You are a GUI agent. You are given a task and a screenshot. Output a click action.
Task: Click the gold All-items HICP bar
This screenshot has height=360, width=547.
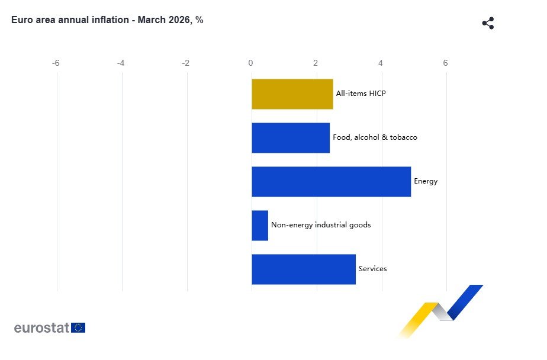(292, 94)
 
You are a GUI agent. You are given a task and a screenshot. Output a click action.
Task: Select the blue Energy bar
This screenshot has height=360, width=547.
(331, 182)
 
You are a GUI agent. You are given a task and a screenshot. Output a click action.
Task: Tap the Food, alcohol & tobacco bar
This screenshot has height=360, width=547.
(290, 138)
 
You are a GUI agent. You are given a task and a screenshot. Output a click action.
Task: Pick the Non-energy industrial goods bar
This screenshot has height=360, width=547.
(260, 226)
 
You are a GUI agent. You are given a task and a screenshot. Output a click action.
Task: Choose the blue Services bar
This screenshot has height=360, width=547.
(304, 269)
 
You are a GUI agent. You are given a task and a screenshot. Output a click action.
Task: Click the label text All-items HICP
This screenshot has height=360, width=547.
(361, 94)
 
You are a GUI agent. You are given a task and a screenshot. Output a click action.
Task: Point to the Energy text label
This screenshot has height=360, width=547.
(426, 181)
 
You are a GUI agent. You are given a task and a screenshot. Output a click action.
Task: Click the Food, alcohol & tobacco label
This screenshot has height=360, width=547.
(375, 137)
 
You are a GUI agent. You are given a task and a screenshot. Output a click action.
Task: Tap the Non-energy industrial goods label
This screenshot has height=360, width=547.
(321, 225)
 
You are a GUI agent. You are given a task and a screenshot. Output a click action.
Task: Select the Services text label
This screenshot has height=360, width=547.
(372, 269)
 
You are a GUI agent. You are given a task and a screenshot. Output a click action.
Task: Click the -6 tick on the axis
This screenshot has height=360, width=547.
(56, 63)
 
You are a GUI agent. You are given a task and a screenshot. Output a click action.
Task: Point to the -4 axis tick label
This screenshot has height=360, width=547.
(121, 63)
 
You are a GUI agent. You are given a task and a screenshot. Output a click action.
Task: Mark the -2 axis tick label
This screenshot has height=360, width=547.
(186, 63)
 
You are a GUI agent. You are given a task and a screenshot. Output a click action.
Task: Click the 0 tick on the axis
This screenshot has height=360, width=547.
(251, 63)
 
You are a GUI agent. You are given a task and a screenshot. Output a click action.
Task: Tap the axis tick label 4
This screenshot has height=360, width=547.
(381, 63)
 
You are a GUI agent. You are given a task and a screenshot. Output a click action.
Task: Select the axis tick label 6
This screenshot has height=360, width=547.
(446, 63)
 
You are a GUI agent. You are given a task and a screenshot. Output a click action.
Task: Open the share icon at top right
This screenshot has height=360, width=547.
(488, 24)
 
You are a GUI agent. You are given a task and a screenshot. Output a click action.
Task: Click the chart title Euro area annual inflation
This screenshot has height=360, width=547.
(107, 20)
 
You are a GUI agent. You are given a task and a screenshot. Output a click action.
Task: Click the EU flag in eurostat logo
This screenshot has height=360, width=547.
(78, 327)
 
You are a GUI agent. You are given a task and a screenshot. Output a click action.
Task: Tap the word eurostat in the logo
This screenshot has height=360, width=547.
(41, 327)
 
